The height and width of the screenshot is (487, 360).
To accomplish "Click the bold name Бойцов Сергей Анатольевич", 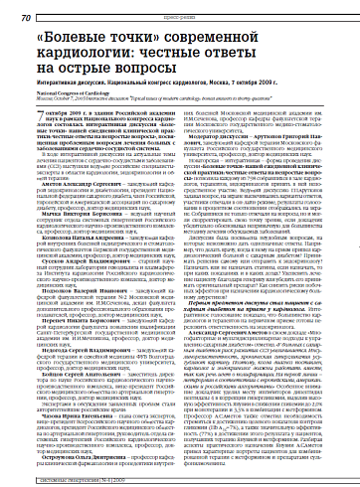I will tap(71, 405).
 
